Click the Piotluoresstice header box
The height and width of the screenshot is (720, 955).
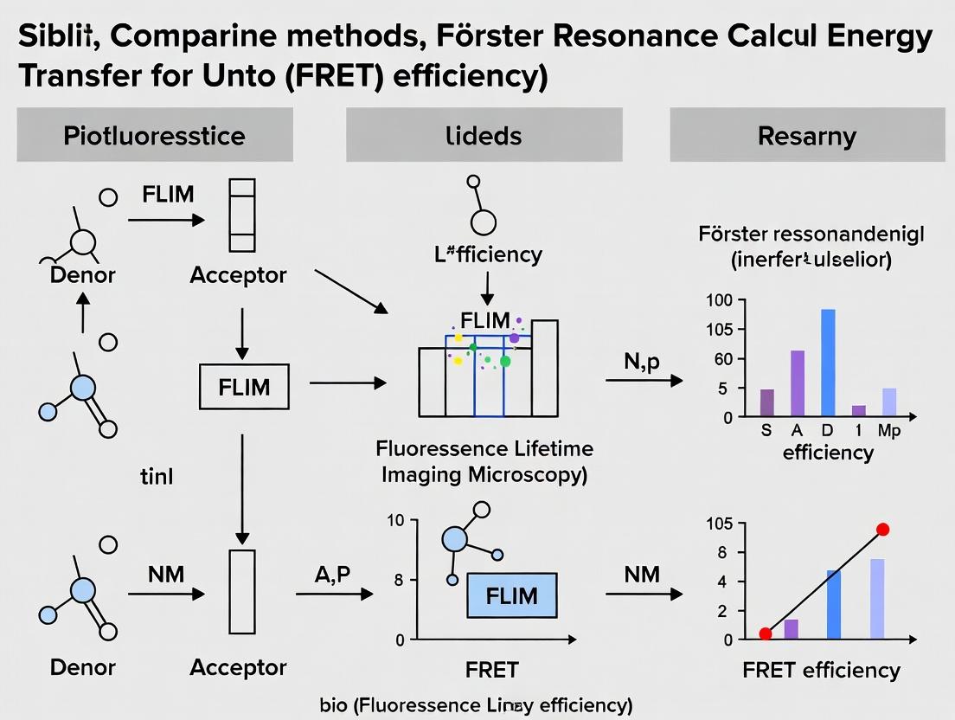coord(154,135)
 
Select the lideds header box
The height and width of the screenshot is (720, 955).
coord(484,135)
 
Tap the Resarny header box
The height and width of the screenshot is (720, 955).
coord(806,135)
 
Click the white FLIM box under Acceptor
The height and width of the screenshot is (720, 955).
coord(244,386)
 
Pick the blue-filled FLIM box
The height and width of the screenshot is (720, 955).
coord(511,596)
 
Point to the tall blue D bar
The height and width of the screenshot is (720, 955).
coord(828,362)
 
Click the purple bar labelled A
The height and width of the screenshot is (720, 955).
coord(798,382)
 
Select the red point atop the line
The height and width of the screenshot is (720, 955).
coord(882,530)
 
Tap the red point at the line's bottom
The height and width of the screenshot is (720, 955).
coord(766,633)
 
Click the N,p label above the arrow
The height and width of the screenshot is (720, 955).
coord(642,362)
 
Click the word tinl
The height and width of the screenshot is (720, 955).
coord(156,475)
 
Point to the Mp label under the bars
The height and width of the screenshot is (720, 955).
coord(889,431)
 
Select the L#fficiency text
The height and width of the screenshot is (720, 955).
coord(490,254)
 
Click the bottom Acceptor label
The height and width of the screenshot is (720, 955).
coord(238,667)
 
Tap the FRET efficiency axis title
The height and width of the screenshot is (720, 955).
coord(821,670)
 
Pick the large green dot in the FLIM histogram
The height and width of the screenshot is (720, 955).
coord(505,361)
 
